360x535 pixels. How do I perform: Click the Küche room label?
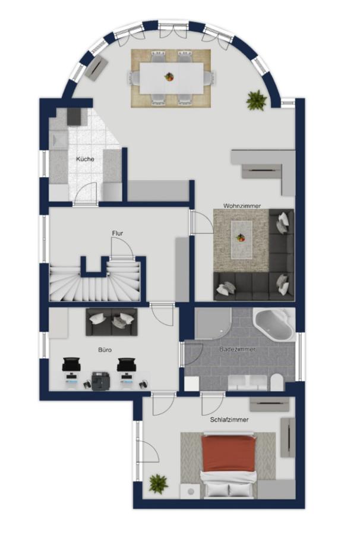click(x=85, y=159)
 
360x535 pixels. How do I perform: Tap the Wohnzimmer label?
click(x=242, y=206)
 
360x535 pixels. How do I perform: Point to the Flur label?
click(x=117, y=234)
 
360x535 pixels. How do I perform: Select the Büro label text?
click(x=105, y=350)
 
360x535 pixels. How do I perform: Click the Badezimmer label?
click(x=237, y=350)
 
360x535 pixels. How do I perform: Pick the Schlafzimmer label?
click(x=229, y=420)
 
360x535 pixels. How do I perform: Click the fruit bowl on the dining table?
click(x=169, y=77)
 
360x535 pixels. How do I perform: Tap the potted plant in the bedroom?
click(x=158, y=483)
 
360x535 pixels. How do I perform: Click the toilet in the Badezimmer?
click(x=277, y=382)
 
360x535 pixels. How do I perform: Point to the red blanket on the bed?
click(x=228, y=454)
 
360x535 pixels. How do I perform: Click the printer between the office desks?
click(x=101, y=381)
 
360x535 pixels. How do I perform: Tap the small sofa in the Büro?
click(x=112, y=322)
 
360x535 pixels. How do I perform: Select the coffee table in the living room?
click(x=241, y=239)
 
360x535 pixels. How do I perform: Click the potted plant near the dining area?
click(x=257, y=100)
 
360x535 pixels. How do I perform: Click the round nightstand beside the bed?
click(x=190, y=492)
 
